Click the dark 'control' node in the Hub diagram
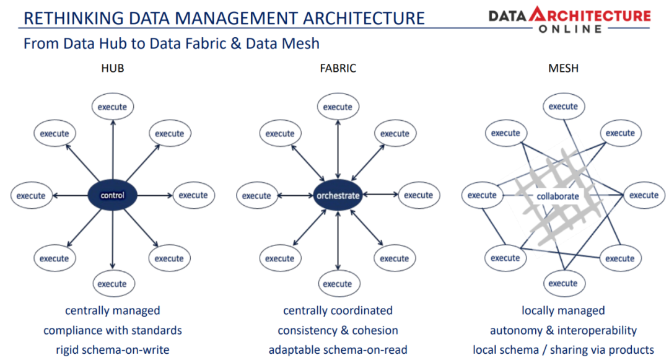(x=112, y=195)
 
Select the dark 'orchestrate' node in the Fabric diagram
(x=338, y=195)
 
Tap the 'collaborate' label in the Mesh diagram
(x=557, y=196)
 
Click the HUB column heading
(x=112, y=68)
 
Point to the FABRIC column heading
(x=338, y=68)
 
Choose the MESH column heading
(x=563, y=68)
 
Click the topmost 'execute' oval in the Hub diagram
(x=112, y=107)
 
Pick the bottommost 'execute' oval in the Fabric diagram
(x=338, y=284)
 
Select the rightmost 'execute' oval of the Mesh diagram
(x=644, y=195)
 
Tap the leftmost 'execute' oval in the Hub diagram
(x=31, y=195)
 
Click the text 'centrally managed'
(x=112, y=310)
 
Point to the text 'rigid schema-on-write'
(x=112, y=350)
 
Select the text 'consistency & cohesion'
(x=338, y=330)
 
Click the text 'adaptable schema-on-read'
(x=338, y=350)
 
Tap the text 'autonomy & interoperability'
(x=563, y=330)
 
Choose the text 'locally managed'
(x=563, y=310)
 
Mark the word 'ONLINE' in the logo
(x=569, y=29)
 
